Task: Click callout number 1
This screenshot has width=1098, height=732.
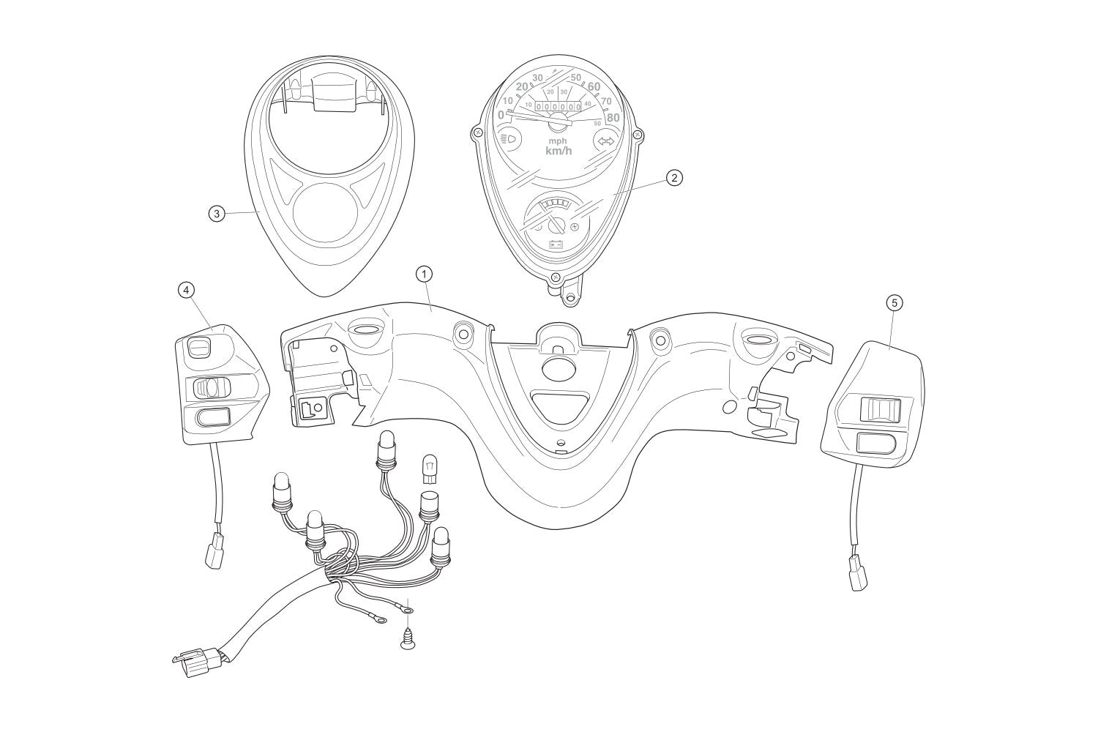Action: (x=423, y=274)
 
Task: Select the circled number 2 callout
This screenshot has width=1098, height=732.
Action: (x=673, y=177)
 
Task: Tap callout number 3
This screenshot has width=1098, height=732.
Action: (x=216, y=213)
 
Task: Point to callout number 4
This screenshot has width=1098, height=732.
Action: (x=187, y=290)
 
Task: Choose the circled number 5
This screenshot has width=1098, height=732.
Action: (x=894, y=302)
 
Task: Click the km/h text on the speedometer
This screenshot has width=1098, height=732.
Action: (x=559, y=151)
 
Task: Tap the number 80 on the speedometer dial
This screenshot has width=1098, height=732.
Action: (x=613, y=117)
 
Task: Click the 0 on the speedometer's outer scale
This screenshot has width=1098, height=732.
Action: (x=501, y=116)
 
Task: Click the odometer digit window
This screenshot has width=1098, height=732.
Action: (x=561, y=107)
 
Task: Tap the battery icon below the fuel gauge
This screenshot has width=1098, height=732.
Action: (x=556, y=245)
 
